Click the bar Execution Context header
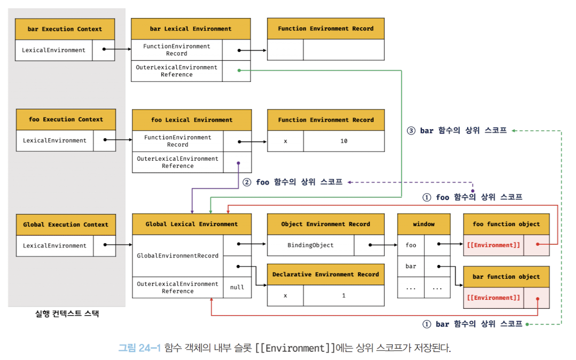(x=65, y=29)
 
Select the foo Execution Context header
(x=66, y=120)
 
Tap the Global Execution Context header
(x=66, y=225)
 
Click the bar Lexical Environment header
(x=191, y=29)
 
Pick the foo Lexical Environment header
(x=192, y=120)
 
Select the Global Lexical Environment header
(x=192, y=224)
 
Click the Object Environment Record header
(x=325, y=224)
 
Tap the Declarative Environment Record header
(x=325, y=275)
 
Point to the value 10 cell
(x=344, y=141)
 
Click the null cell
(x=237, y=287)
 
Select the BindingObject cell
(x=310, y=245)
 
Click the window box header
(x=424, y=224)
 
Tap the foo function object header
(x=506, y=224)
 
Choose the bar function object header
(x=506, y=277)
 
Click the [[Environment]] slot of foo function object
(x=493, y=245)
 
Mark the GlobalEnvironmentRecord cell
(x=177, y=256)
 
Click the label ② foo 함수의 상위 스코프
(x=292, y=182)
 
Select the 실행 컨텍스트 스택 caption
(x=67, y=314)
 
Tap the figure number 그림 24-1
(x=139, y=348)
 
